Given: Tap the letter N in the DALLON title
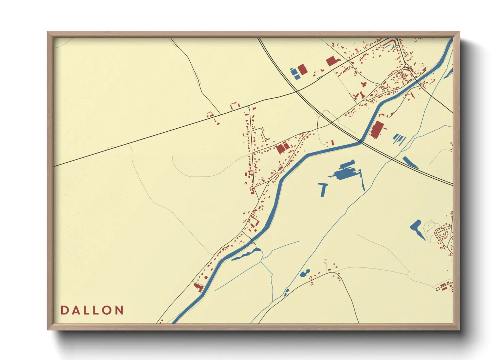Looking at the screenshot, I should [x=119, y=310].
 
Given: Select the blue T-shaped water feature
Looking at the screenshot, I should [x=323, y=189].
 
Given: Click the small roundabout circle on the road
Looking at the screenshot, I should [x=406, y=66].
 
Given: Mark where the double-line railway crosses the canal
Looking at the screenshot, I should [x=361, y=140].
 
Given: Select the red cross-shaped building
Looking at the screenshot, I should [x=364, y=84].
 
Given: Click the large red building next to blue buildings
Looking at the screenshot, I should [x=302, y=69].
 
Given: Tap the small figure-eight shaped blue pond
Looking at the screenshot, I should [x=305, y=273].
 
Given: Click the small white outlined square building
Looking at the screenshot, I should [x=438, y=289].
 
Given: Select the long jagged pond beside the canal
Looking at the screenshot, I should [x=245, y=254].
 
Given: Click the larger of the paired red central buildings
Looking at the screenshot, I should [x=280, y=149].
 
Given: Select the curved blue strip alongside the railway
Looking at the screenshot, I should [x=410, y=162].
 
